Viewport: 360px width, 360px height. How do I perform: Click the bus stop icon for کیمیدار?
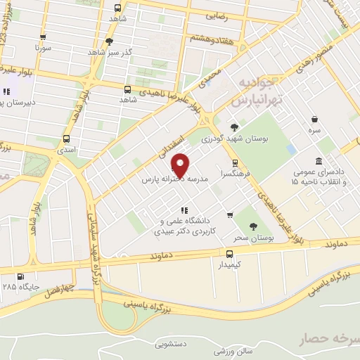[230, 255]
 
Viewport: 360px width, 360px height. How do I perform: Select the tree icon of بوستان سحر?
[253, 226]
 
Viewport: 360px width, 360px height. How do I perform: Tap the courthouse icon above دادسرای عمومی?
[319, 160]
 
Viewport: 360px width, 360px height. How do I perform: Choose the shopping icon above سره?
[314, 118]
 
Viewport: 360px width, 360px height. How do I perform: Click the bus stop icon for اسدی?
[66, 139]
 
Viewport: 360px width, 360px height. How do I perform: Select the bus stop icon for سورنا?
[44, 38]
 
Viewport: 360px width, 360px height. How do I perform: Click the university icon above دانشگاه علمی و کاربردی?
[184, 210]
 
